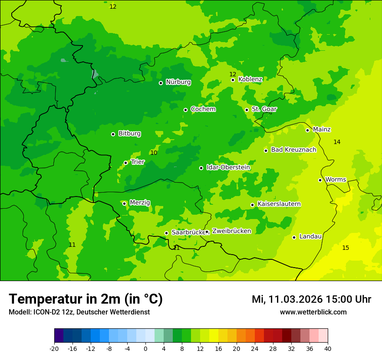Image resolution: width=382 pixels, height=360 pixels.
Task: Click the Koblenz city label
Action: point(250,79)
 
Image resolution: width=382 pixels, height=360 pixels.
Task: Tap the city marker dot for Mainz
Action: point(307,130)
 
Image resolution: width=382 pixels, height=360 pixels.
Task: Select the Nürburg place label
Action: point(178,82)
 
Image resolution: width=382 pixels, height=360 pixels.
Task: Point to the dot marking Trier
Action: point(125,163)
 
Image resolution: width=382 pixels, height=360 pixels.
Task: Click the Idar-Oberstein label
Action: point(228,167)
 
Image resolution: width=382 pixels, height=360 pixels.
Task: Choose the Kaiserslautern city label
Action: point(279,204)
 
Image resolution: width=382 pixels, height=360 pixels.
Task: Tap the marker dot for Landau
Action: point(294,237)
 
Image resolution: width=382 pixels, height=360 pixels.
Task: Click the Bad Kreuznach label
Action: point(293,150)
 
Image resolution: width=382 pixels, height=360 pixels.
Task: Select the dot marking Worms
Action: point(320,180)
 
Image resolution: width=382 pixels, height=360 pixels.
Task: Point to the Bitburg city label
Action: point(129,134)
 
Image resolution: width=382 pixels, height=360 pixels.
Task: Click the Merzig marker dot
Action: point(124,203)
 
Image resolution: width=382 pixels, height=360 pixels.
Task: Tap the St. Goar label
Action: point(264,109)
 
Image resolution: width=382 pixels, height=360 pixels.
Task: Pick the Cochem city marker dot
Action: point(185,110)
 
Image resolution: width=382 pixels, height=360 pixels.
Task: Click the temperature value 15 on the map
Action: point(346,248)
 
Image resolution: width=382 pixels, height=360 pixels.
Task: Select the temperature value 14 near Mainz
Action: point(337,142)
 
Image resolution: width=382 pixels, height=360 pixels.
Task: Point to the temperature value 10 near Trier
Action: point(154,153)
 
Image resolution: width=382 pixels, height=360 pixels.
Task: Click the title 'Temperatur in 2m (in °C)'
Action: point(86,299)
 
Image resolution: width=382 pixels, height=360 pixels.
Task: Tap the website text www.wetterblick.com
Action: point(313,312)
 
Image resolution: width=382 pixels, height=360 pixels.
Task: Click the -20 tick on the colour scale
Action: point(54,348)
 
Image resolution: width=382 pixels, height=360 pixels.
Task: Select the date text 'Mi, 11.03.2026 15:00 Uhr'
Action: point(311,299)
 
